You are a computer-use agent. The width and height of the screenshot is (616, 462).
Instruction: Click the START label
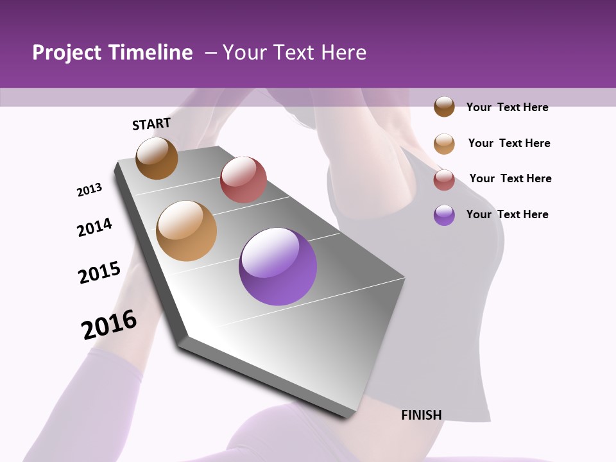click(151, 124)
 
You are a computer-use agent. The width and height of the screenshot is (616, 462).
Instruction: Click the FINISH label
click(421, 415)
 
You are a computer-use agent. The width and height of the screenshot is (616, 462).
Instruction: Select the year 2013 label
click(89, 190)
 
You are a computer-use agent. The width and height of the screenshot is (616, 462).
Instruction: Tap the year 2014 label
click(94, 227)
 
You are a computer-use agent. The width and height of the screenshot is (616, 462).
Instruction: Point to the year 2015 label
click(99, 273)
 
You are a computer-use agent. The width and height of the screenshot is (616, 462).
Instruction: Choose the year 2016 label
click(109, 325)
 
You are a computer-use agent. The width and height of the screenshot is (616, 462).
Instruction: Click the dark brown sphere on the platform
click(157, 158)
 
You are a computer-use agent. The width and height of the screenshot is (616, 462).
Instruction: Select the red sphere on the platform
click(243, 180)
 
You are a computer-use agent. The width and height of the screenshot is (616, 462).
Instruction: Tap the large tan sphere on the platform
click(186, 231)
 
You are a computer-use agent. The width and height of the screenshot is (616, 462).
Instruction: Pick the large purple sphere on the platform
click(278, 266)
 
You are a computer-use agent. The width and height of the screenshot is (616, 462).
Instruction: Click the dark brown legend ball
click(444, 107)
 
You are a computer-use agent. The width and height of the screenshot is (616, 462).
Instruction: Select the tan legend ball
click(444, 143)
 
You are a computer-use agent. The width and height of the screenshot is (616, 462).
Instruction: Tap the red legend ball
click(444, 179)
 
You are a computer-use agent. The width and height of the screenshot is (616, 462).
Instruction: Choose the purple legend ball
click(444, 215)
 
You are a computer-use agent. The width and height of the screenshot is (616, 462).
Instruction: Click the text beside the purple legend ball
click(507, 214)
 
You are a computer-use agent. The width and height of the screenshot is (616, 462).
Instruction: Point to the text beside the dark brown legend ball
click(507, 107)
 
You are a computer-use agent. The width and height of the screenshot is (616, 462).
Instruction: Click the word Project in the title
click(67, 53)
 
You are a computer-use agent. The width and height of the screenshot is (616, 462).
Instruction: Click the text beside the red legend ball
click(510, 178)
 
